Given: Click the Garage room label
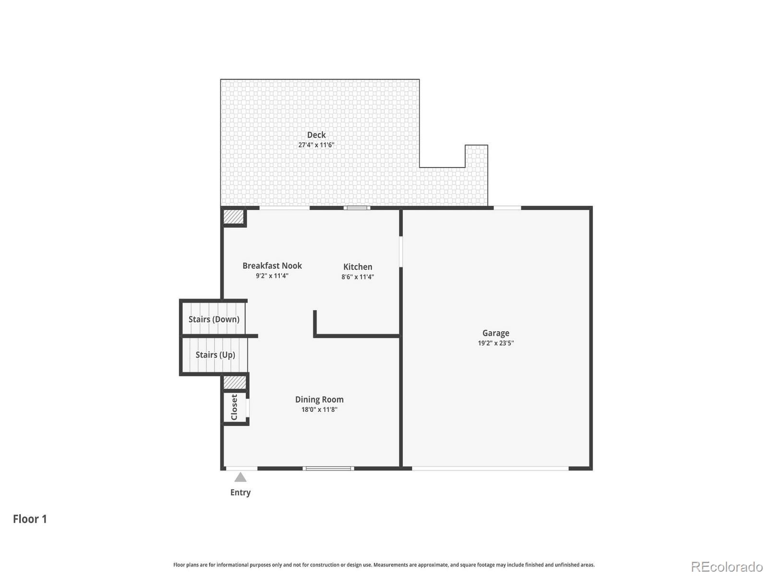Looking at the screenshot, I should click(x=496, y=333).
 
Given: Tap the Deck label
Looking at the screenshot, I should click(x=316, y=135).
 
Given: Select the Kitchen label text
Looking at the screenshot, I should click(x=358, y=267).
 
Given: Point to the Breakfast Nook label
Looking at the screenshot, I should click(x=272, y=266).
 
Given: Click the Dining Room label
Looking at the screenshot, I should click(x=319, y=399).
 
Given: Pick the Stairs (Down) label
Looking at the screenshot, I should click(x=214, y=319).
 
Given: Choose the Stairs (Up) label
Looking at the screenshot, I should click(x=215, y=355).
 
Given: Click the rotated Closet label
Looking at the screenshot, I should click(x=234, y=407).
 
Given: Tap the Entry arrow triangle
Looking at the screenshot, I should click(x=240, y=477).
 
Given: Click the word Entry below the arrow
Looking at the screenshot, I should click(x=240, y=492).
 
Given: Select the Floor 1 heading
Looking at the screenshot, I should click(x=30, y=519).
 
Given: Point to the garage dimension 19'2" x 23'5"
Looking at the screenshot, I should click(x=496, y=343).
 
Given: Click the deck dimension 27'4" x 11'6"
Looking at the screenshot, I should click(x=316, y=145).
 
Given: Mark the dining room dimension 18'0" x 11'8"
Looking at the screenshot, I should click(x=319, y=409).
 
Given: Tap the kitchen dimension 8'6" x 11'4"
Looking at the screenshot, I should click(x=358, y=277).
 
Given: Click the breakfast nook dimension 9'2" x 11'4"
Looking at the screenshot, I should click(x=272, y=276).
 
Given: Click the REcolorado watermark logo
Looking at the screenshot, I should click(x=727, y=567).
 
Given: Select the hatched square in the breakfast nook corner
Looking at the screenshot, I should click(x=234, y=216).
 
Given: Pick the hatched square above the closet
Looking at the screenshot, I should click(x=235, y=383).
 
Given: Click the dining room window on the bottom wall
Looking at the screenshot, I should click(x=328, y=468).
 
